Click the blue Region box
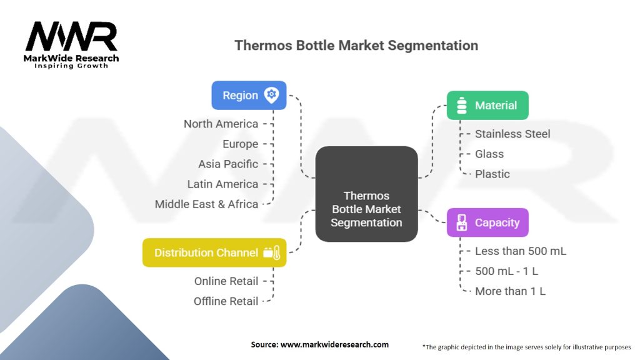(x=248, y=96)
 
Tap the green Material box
(x=487, y=106)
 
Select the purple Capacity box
(x=487, y=222)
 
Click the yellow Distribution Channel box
(x=214, y=252)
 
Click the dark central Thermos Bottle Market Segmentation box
(x=366, y=194)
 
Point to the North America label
(x=221, y=124)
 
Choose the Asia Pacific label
(x=227, y=164)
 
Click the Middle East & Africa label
(x=206, y=204)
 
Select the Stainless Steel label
(x=512, y=134)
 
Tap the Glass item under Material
(x=489, y=154)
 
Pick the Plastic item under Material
(x=492, y=174)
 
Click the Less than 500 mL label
(x=520, y=251)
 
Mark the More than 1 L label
(x=510, y=291)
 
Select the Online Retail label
(x=226, y=281)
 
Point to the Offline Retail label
(x=226, y=301)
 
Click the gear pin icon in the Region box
(x=271, y=95)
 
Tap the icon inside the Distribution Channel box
(x=272, y=252)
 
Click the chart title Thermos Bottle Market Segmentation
(x=356, y=46)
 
